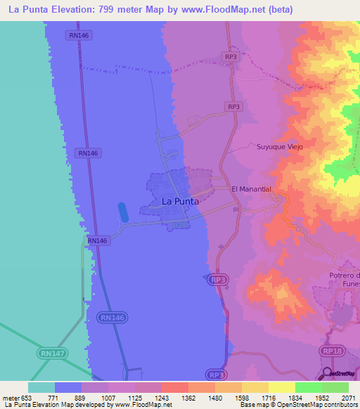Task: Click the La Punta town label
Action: click(180, 201)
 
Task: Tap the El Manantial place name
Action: click(251, 190)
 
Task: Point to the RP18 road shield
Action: click(330, 350)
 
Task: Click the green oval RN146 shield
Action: click(111, 318)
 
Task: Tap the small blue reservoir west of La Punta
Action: click(123, 212)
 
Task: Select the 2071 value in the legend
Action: click(349, 397)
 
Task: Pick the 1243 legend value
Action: click(161, 397)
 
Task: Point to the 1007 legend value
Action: click(108, 397)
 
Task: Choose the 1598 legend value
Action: click(241, 397)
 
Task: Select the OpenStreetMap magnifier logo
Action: click(328, 372)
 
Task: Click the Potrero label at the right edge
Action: click(344, 275)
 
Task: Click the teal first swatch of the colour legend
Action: click(41, 387)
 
